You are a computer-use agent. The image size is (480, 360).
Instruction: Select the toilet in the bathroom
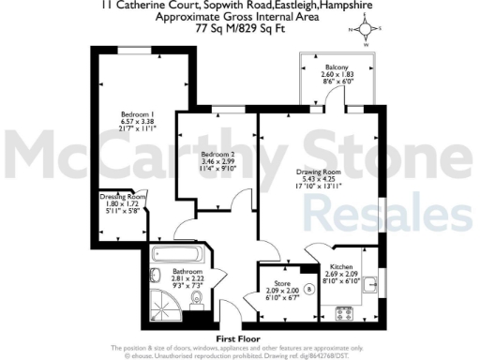194,298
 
